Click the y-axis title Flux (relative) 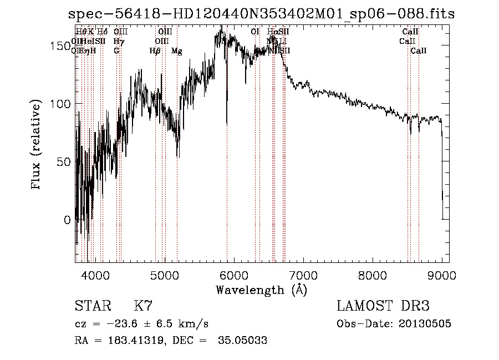tap(37, 145)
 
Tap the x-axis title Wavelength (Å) tap(261, 290)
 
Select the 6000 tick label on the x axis tap(233, 274)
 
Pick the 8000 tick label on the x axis tap(372, 274)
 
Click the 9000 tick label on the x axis tap(441, 274)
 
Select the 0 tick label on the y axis tap(68, 220)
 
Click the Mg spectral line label tap(176, 51)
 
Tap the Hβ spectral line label tap(155, 51)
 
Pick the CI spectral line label tap(255, 32)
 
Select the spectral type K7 tap(143, 306)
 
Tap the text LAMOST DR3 tap(383, 306)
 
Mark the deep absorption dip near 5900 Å tap(226, 119)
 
